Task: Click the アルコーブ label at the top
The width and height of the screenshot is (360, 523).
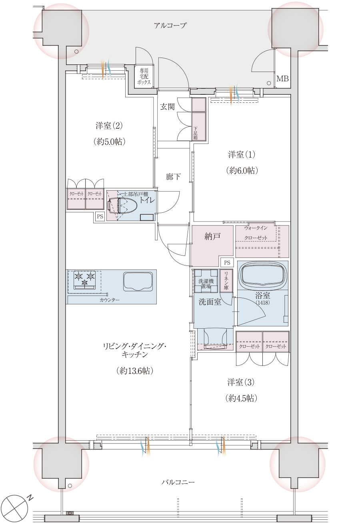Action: pyautogui.click(x=170, y=26)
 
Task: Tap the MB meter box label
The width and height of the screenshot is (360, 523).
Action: pyautogui.click(x=282, y=79)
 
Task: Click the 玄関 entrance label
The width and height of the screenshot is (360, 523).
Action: pyautogui.click(x=167, y=107)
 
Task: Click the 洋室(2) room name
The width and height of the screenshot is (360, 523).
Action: pyautogui.click(x=109, y=126)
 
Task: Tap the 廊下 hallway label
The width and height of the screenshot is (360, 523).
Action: pyautogui.click(x=173, y=176)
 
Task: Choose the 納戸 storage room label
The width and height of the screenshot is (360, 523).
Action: pyautogui.click(x=212, y=237)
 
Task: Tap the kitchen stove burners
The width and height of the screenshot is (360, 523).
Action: pyautogui.click(x=84, y=278)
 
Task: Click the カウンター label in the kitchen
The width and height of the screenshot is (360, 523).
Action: pyautogui.click(x=109, y=299)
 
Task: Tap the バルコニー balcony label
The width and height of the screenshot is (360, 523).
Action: pyautogui.click(x=178, y=482)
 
